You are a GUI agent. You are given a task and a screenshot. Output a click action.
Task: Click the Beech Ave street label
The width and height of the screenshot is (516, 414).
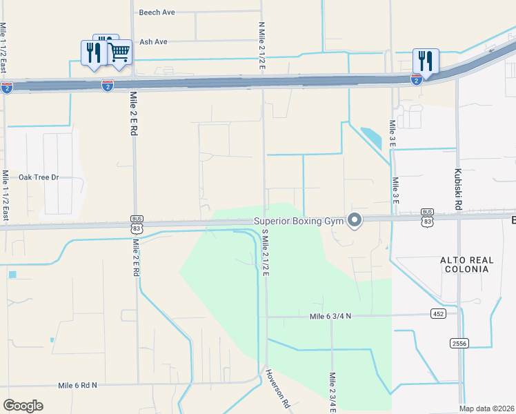pos(157,12)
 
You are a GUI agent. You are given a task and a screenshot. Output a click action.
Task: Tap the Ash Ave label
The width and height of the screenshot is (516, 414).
pos(153,42)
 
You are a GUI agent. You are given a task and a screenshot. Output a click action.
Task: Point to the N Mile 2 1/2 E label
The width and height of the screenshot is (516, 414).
pos(262,45)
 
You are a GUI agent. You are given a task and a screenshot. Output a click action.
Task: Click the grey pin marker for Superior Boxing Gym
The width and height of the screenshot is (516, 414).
pos(355,221)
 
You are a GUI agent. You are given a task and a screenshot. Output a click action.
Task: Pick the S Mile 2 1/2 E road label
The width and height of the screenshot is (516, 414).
pos(264,256)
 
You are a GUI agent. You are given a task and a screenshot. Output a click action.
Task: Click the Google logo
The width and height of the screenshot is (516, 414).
pos(23,406)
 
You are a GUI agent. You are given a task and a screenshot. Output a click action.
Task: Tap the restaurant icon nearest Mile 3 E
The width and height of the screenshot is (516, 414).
pos(426,61)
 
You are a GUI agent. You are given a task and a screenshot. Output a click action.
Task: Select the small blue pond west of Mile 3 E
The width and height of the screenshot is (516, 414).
pos(370,137)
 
